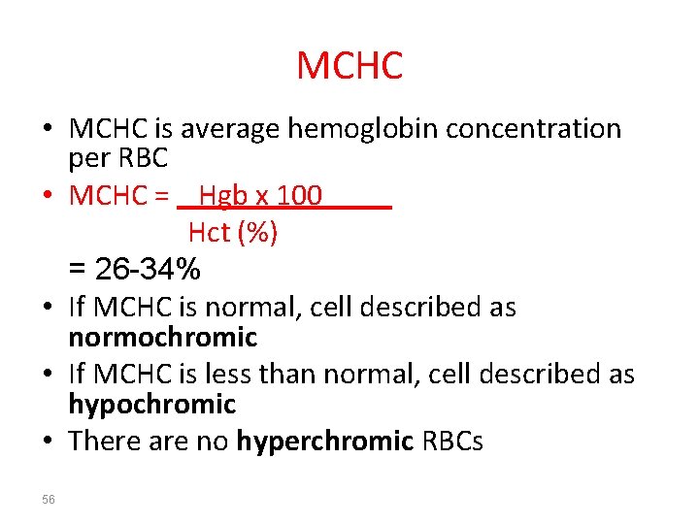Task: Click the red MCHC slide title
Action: pyautogui.click(x=349, y=66)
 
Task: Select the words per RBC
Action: pyautogui.click(x=118, y=157)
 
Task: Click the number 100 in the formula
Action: pyautogui.click(x=299, y=196)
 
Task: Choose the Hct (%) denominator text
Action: pyautogui.click(x=233, y=233)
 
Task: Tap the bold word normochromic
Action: pyautogui.click(x=162, y=338)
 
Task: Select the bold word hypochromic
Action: pyautogui.click(x=152, y=404)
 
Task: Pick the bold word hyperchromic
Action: pyautogui.click(x=325, y=442)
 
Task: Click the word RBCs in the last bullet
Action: pyautogui.click(x=452, y=442)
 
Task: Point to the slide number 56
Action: pyautogui.click(x=49, y=499)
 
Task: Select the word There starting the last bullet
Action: pyautogui.click(x=102, y=442)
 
